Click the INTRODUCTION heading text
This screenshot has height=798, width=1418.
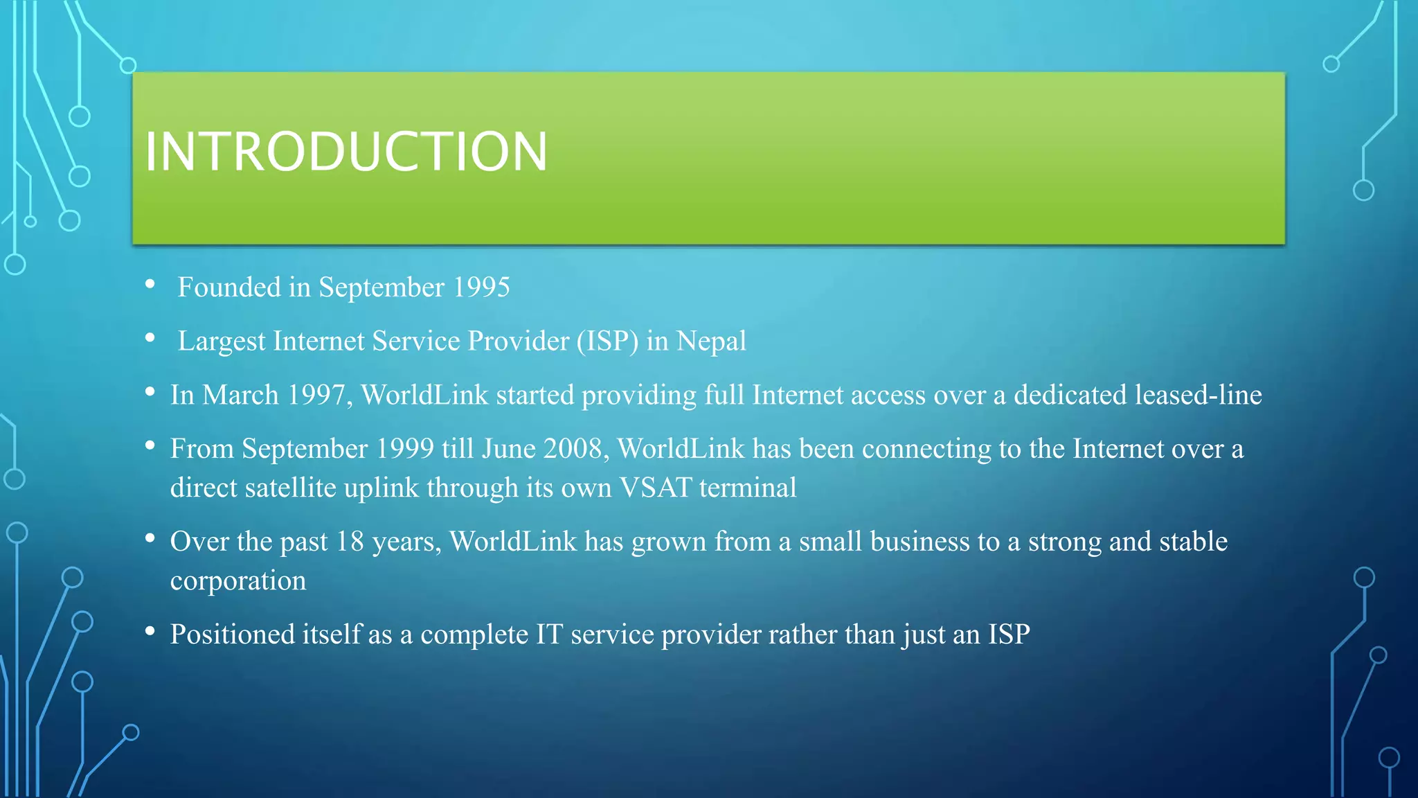pos(345,152)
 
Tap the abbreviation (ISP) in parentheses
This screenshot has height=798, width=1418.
pos(607,342)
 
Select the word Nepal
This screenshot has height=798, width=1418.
pos(711,342)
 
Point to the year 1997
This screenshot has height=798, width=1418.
pos(316,396)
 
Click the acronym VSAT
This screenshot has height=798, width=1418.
pos(655,488)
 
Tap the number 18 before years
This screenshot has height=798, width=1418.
pos(350,542)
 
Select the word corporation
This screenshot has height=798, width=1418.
pos(238,581)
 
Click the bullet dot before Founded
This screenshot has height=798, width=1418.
pos(150,284)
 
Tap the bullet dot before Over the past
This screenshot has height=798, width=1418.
pos(150,538)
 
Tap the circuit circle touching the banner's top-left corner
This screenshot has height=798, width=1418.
pos(128,66)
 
